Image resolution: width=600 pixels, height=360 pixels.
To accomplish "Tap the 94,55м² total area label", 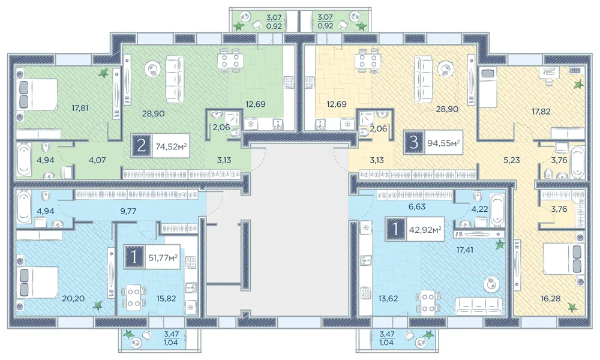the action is point(443,143).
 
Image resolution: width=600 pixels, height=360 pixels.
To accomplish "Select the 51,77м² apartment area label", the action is point(163,257).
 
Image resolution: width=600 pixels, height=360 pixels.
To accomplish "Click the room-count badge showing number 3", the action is point(413,143).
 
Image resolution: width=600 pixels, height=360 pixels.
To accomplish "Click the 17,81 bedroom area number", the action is point(80,108).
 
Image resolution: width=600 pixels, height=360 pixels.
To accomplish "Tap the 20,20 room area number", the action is point(73,298).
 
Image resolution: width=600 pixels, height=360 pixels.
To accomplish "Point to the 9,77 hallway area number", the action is point(128,211).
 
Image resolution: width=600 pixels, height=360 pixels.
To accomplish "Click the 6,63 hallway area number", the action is point(417,206).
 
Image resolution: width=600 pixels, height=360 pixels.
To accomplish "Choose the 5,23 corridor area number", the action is point(512,160).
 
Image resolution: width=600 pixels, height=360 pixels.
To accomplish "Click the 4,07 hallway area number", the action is point(97,160).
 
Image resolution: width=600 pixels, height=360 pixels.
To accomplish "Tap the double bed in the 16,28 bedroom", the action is point(563,259).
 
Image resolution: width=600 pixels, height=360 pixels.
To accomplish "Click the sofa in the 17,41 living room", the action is point(479,305).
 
